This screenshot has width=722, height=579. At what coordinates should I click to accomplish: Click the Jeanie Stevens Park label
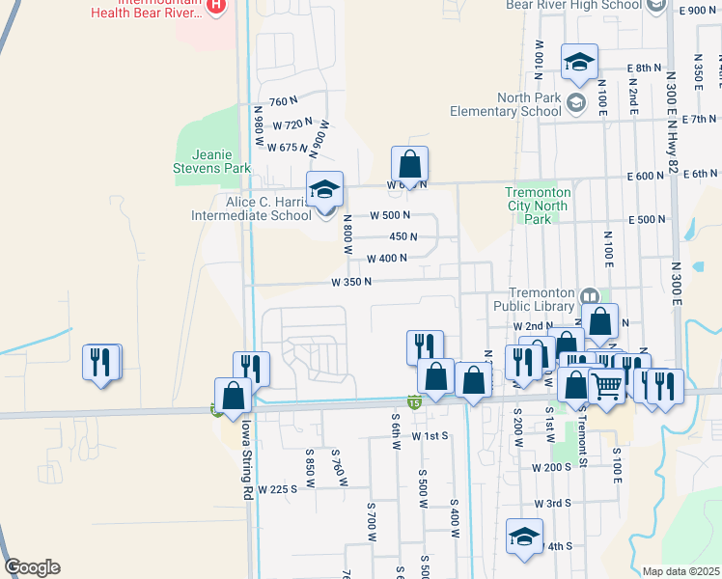(x=210, y=160)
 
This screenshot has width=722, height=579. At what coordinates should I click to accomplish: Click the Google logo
(x=32, y=567)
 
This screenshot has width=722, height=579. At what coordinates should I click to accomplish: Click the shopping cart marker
(x=606, y=386)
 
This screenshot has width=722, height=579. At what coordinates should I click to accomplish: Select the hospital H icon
(x=216, y=5)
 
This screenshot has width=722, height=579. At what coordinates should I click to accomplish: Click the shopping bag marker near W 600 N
(x=409, y=163)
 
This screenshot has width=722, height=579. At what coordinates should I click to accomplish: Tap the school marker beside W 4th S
(x=524, y=537)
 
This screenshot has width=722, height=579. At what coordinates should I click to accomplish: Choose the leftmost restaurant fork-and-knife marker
(x=101, y=362)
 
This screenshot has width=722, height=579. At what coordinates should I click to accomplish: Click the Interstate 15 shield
(x=413, y=402)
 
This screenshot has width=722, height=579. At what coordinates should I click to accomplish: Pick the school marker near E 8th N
(x=579, y=62)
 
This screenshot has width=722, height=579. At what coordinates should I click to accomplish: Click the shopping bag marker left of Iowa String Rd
(x=233, y=395)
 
